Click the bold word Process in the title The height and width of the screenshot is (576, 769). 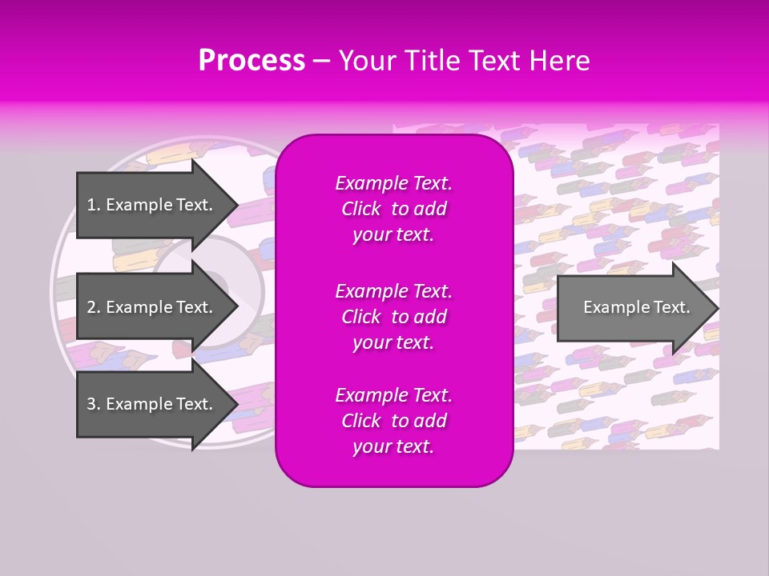point(252,61)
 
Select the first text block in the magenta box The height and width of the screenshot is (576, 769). point(393,209)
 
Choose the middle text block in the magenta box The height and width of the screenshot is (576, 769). point(393,316)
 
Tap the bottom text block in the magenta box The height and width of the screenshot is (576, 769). point(393,421)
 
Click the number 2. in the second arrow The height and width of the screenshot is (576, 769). point(93,307)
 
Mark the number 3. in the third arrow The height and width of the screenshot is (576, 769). point(93,404)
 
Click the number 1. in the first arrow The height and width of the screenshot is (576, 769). point(93,205)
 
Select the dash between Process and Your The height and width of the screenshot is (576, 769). point(322,62)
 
